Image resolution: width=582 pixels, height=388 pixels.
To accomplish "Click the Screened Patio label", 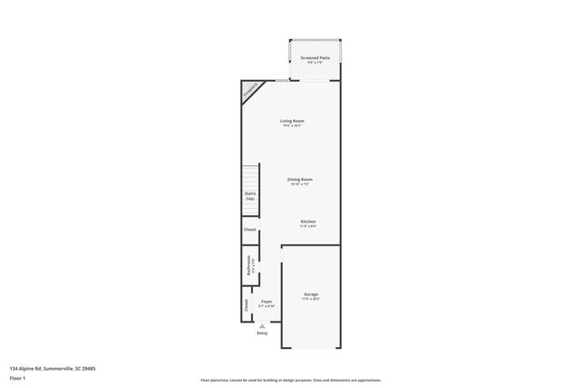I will pos(315,57).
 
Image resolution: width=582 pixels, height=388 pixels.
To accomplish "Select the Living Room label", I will pos(291,121).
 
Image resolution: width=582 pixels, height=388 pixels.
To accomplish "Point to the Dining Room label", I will pos(299,180).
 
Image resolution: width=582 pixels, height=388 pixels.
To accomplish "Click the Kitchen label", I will pos(308,222).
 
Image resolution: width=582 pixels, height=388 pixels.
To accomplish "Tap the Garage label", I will pos(310,293).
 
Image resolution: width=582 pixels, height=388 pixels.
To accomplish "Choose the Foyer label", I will pos(266,301).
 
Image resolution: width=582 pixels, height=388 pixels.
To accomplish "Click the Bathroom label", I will pos(249,266).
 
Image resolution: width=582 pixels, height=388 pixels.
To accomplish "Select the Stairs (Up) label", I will pos(249,194).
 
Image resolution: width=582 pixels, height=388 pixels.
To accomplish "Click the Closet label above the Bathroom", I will pos(249,229).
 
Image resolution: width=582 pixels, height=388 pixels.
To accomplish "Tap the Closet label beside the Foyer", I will pos(246,306).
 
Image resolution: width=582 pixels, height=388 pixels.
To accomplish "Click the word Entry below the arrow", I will pos(263,334).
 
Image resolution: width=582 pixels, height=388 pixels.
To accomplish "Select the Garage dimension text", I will pos(310,299).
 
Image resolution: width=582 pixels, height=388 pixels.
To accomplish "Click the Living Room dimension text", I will pos(291,126).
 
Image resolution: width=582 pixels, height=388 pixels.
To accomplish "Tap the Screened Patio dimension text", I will pos(315,63).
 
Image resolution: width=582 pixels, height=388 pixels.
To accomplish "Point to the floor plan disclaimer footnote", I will pos(291,380).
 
